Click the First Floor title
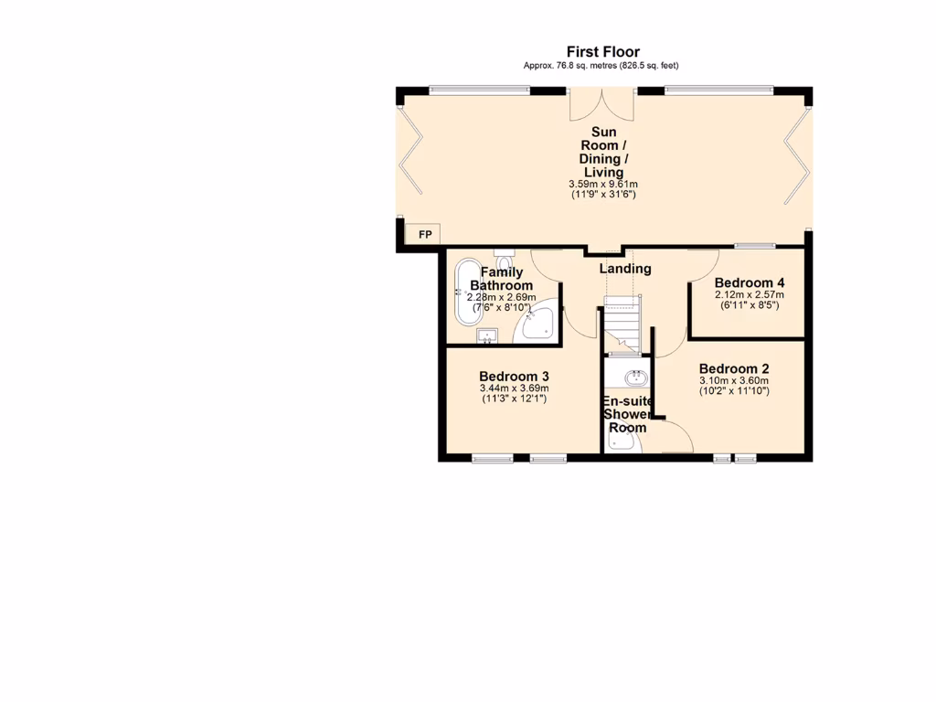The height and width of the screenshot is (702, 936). pos(602,52)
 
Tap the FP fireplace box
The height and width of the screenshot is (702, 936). pos(424,236)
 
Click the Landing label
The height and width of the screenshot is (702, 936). pos(625,269)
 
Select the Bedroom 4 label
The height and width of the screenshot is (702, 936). pos(750,282)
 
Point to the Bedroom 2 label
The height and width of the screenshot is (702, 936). pos(734,368)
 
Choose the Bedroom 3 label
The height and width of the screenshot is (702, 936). pos(514,376)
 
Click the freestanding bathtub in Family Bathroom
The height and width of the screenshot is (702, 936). pos(468,291)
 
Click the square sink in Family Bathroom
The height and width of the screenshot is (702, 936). pos(487,336)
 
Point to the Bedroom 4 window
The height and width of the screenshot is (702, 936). pos(755,245)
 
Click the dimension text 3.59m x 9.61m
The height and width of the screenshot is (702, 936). pos(602,184)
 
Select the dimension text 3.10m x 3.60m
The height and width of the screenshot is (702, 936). pos(734,380)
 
